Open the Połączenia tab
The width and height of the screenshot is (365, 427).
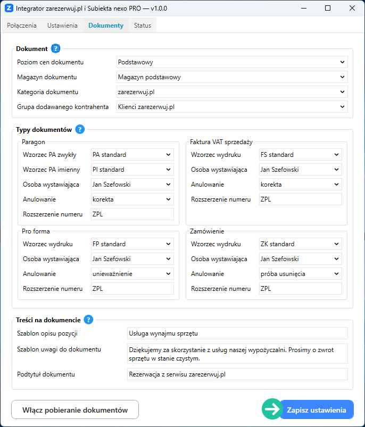pyautogui.click(x=22, y=26)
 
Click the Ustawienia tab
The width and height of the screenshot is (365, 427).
pyautogui.click(x=62, y=26)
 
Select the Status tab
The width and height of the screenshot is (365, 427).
pyautogui.click(x=143, y=26)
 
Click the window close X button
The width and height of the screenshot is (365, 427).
pyautogui.click(x=352, y=8)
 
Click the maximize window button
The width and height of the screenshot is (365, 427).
pyautogui.click(x=328, y=8)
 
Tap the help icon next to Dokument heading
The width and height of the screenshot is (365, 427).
pyautogui.click(x=56, y=49)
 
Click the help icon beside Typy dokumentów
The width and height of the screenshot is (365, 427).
pyautogui.click(x=80, y=129)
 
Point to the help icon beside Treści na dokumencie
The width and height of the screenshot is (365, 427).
pyautogui.click(x=89, y=320)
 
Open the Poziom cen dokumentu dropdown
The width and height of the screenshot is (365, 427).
pyautogui.click(x=232, y=62)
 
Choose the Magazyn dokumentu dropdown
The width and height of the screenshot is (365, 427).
pyautogui.click(x=232, y=77)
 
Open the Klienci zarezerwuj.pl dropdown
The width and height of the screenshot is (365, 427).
pyautogui.click(x=232, y=107)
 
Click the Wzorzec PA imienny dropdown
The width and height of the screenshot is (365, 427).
pyautogui.click(x=132, y=170)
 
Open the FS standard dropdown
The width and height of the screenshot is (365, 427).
pyautogui.click(x=300, y=155)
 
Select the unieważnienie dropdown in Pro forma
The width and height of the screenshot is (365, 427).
pyautogui.click(x=132, y=274)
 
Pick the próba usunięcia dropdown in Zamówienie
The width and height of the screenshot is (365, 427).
pyautogui.click(x=300, y=274)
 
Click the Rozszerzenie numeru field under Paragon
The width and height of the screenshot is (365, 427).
pyautogui.click(x=132, y=214)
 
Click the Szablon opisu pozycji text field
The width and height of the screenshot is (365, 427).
pyautogui.click(x=237, y=333)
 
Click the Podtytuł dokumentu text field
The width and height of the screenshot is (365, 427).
pyautogui.click(x=237, y=374)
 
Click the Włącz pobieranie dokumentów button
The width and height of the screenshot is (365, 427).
pyautogui.click(x=75, y=410)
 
